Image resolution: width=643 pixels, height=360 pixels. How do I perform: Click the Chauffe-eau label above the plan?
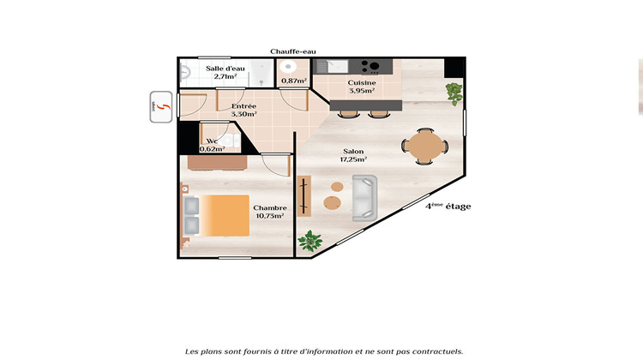[293, 51]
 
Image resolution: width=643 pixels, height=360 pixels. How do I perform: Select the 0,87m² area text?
[294, 81]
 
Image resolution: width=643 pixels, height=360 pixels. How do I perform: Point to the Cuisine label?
[361, 83]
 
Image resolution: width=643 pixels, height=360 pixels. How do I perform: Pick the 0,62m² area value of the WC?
[212, 148]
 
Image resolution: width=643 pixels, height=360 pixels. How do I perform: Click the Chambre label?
[269, 207]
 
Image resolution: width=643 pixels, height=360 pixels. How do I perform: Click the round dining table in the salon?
[424, 145]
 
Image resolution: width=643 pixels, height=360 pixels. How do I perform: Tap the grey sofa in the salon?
[365, 197]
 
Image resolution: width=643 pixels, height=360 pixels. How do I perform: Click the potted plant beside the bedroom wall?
[309, 242]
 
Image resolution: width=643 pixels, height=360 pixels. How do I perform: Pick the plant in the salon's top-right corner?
[453, 92]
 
